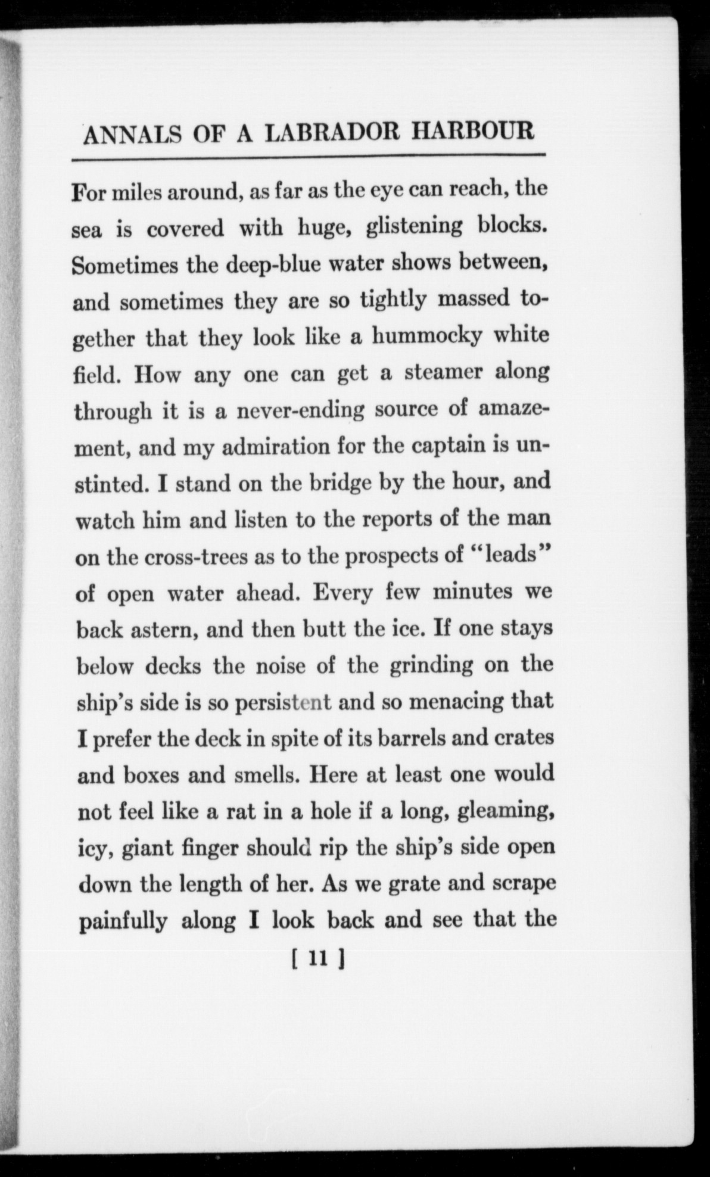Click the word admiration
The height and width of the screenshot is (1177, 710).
click(275, 447)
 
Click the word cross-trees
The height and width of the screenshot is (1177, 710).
click(188, 557)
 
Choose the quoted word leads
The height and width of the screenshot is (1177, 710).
click(506, 555)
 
